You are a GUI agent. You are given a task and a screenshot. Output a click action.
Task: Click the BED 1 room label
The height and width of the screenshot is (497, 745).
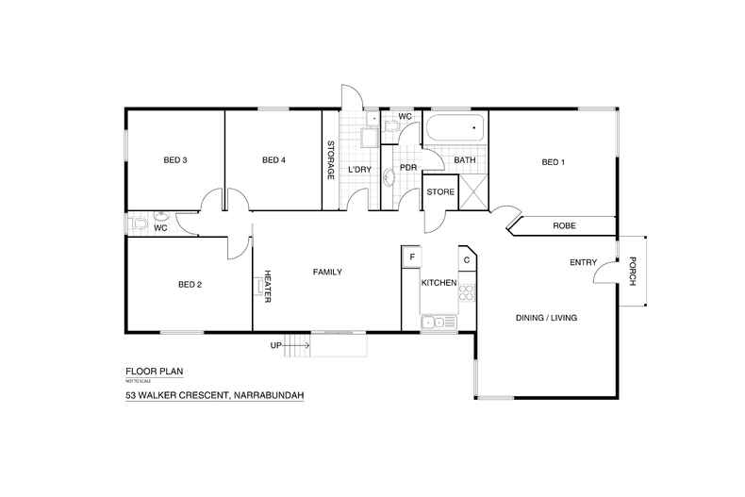tap(553, 162)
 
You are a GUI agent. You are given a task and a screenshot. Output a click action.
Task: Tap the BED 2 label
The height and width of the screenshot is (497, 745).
tap(190, 284)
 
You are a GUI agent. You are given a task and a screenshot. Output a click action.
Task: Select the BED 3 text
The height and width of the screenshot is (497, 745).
tap(175, 160)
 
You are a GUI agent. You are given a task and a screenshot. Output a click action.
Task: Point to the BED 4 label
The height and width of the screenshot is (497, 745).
tap(273, 160)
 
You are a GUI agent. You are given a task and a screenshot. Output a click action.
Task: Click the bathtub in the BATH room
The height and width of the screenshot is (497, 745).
tap(455, 128)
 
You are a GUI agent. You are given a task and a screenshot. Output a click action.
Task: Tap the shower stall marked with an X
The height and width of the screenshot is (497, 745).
tap(473, 191)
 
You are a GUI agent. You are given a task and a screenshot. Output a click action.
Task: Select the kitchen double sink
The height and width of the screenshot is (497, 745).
tap(437, 323)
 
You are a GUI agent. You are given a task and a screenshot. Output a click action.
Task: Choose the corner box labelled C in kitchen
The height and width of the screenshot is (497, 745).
tap(466, 258)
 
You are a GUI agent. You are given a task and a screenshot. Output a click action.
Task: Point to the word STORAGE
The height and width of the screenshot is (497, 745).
tap(331, 160)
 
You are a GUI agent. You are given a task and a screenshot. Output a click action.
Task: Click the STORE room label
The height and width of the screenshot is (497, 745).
tap(440, 192)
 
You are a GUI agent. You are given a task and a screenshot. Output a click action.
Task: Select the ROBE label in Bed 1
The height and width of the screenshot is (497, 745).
tap(564, 226)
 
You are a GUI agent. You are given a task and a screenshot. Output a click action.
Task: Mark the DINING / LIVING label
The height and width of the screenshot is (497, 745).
tap(546, 318)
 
